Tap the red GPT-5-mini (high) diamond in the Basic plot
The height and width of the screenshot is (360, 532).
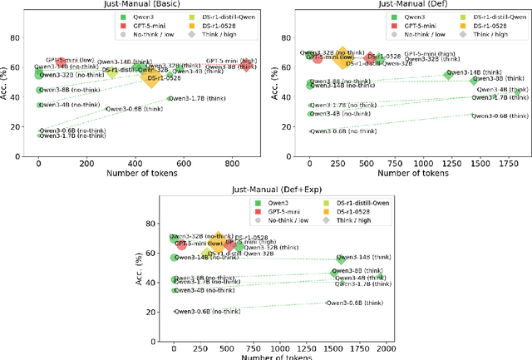pos(245,65)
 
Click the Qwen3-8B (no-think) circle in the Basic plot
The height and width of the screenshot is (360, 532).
pos(38,90)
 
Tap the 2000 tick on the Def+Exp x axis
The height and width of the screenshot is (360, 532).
pos(385,349)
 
